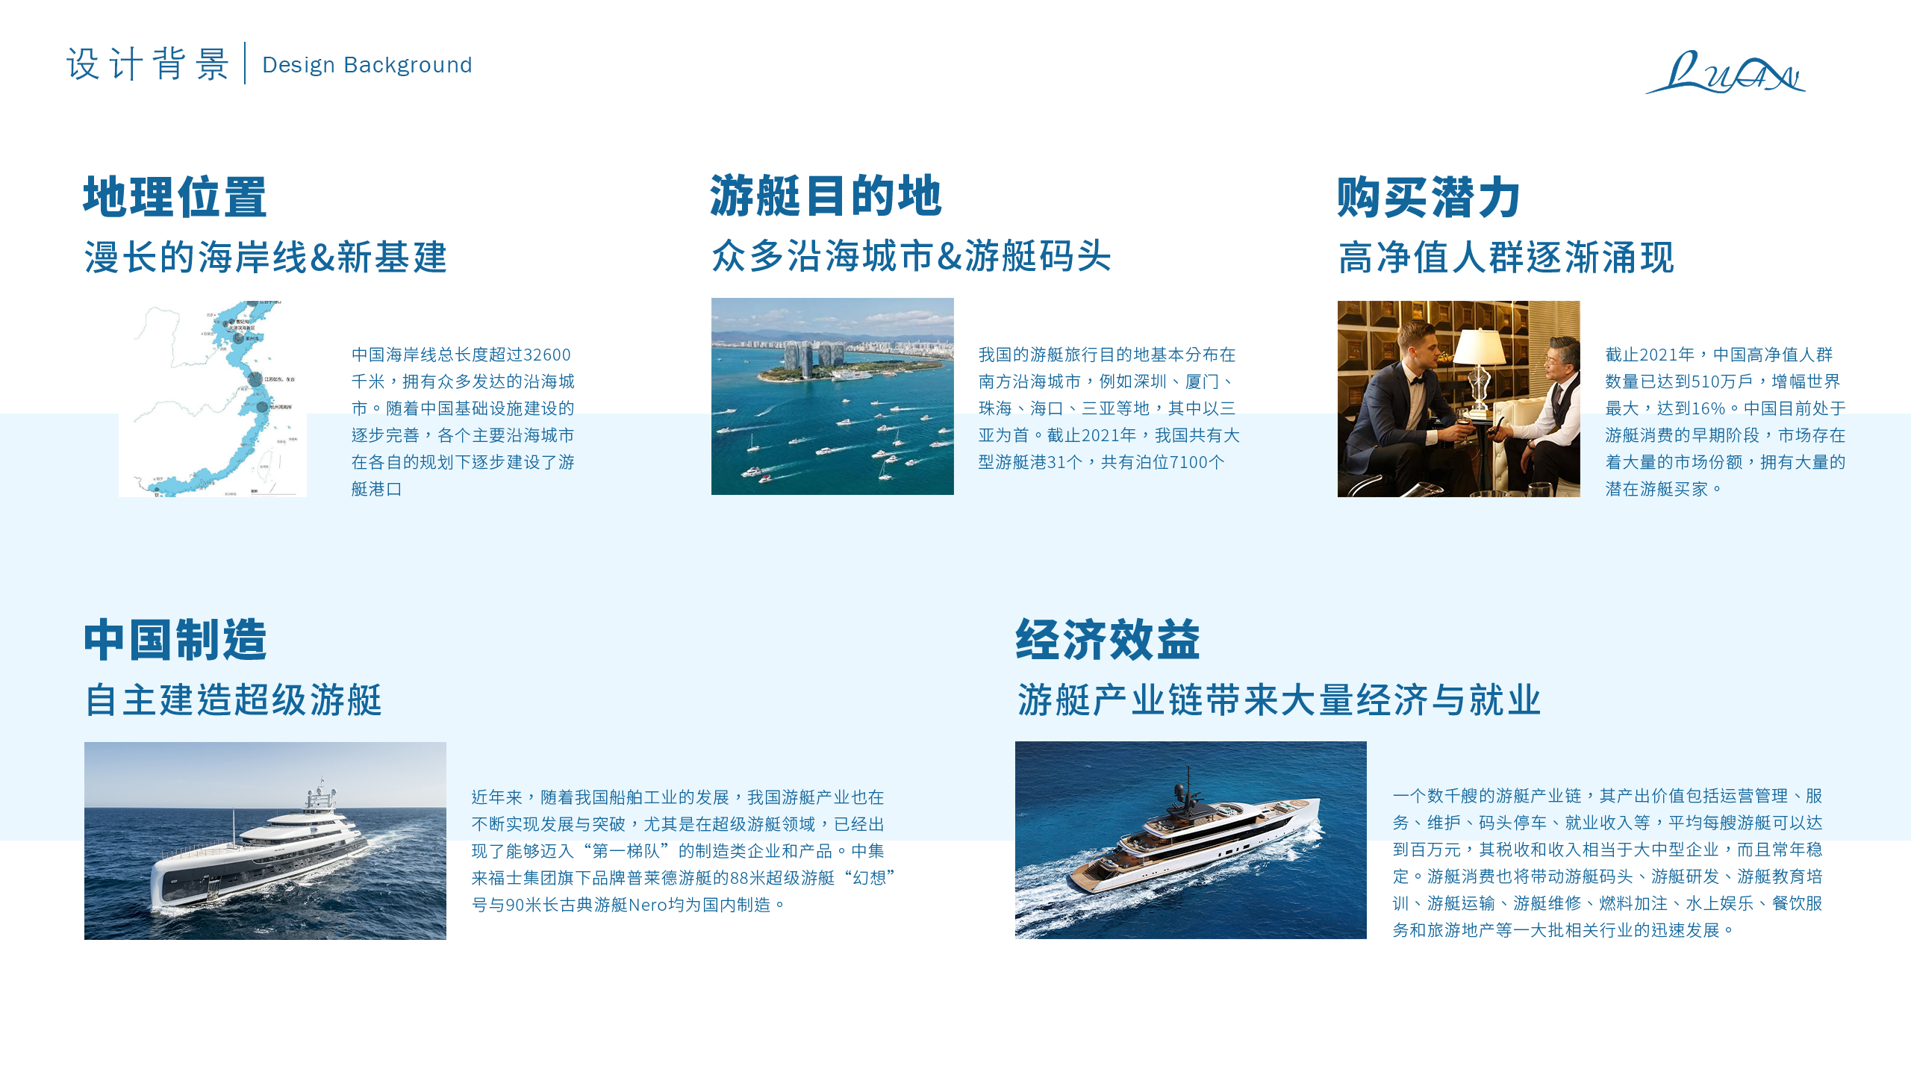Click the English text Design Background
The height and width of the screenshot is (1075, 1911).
367,65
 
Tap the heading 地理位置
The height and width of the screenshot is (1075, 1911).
175,197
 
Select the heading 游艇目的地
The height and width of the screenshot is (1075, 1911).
826,196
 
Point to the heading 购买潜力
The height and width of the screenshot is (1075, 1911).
1429,197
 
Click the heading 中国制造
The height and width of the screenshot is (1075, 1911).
175,640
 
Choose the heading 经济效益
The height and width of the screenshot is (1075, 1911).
1108,640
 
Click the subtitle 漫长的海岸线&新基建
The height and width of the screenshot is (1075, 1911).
265,258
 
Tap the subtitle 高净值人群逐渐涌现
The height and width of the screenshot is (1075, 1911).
1506,258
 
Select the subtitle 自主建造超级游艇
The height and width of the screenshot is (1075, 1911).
233,700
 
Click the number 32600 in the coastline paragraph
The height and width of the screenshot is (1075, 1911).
546,355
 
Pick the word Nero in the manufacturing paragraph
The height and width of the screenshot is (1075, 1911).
648,905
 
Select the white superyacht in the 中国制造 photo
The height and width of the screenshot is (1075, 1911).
261,855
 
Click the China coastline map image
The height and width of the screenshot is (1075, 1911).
213,399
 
